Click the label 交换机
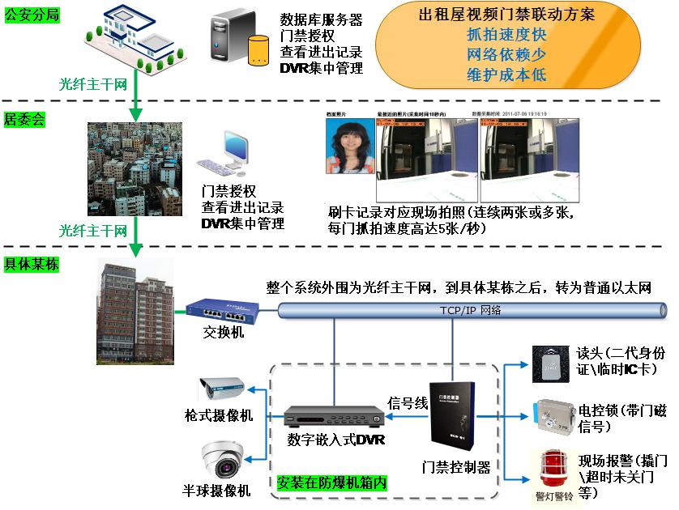(x=222, y=333)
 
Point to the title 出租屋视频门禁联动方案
(x=509, y=15)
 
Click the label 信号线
(x=408, y=402)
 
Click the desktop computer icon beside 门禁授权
(x=225, y=155)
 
